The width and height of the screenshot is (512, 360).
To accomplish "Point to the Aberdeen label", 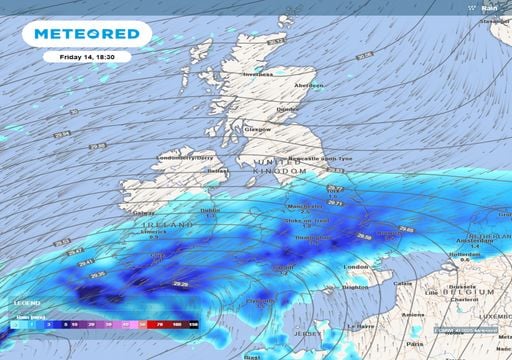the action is (309, 85).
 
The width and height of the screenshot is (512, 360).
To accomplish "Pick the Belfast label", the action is (217, 171).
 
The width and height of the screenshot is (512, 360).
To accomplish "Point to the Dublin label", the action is (211, 210).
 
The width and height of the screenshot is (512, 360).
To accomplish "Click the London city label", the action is (356, 267).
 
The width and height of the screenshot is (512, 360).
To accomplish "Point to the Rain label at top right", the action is (490, 8).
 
